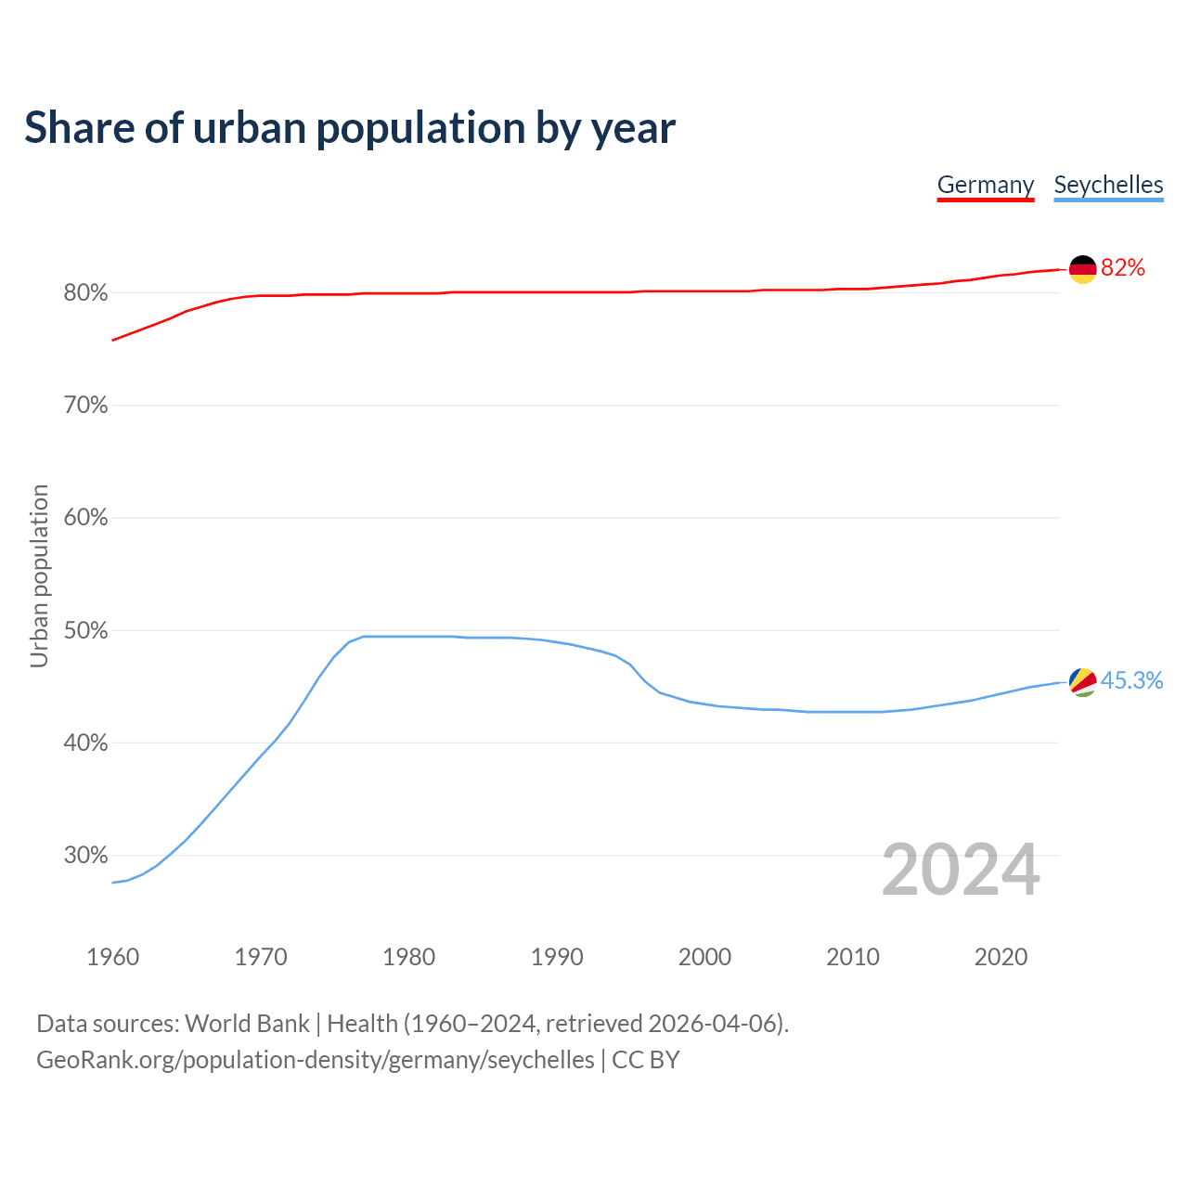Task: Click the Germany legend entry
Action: [985, 185]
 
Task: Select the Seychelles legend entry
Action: [1108, 185]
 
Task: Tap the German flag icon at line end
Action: [1083, 269]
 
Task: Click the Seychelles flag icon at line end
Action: [1083, 682]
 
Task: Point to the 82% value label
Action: [1123, 268]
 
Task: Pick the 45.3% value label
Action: [1131, 681]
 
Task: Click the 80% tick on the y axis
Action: [85, 293]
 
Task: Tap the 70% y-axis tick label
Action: [85, 406]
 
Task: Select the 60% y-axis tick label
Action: [85, 518]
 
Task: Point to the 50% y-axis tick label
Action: [85, 631]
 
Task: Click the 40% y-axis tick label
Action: [85, 743]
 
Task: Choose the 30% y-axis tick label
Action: [85, 856]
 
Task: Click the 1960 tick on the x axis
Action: [112, 957]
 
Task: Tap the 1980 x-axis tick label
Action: [408, 957]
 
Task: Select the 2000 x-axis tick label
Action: [704, 957]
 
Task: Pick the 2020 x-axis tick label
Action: [1001, 957]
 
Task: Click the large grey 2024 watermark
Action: [961, 870]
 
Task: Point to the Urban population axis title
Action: [39, 575]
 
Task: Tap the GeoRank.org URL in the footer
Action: [316, 1060]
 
